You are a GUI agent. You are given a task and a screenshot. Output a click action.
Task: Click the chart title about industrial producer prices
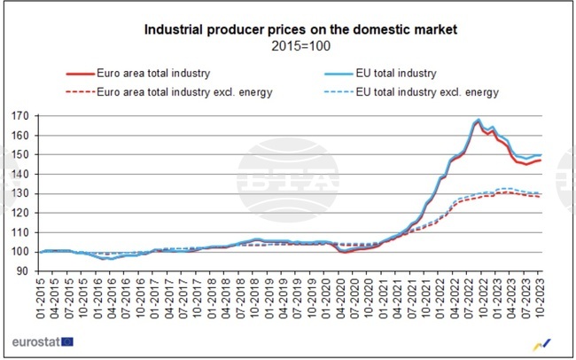tap(300, 30)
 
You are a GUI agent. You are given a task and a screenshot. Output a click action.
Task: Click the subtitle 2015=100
tap(300, 46)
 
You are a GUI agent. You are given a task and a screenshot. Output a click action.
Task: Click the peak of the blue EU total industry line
tap(479, 119)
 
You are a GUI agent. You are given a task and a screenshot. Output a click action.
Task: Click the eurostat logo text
tap(35, 341)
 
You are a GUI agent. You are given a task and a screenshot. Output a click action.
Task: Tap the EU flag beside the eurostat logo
tap(66, 341)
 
